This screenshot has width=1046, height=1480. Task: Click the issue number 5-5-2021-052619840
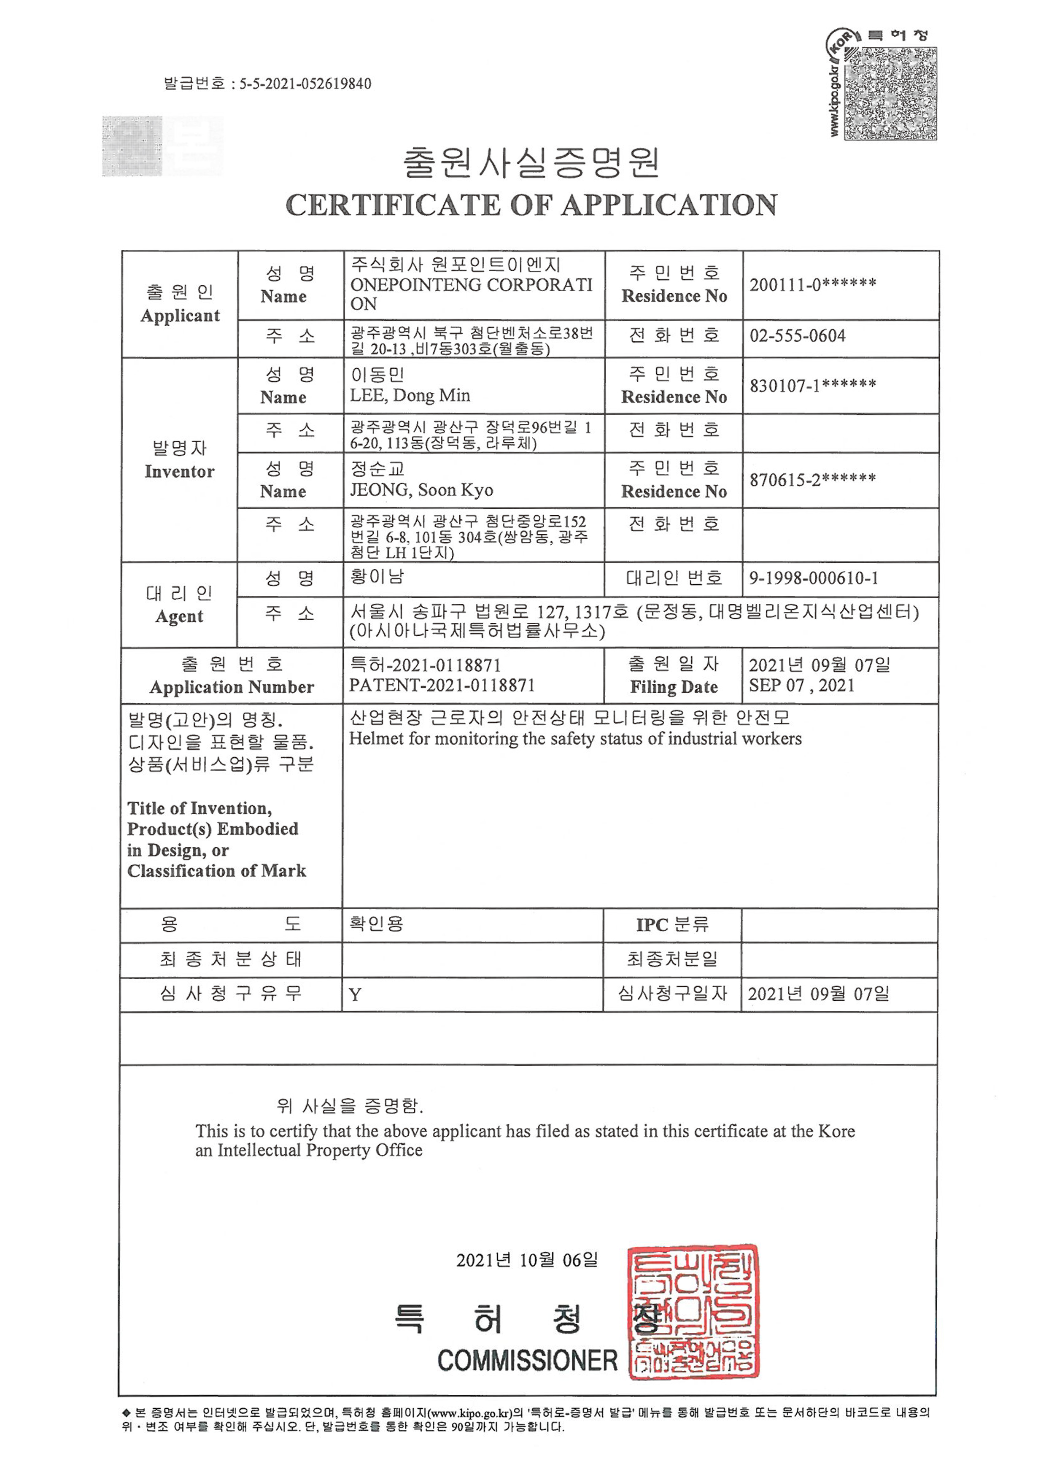[x=305, y=84]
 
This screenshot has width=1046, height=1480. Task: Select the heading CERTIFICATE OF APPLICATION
[x=531, y=205]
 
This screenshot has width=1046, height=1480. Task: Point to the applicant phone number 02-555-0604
[x=797, y=336]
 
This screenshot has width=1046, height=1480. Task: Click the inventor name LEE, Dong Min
[x=410, y=395]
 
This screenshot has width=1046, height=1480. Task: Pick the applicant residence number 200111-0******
[x=812, y=284]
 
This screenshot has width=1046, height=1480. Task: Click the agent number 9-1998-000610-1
[x=813, y=578]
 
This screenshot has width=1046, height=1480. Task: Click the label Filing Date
[x=674, y=687]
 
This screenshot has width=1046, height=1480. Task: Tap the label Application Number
[x=232, y=687]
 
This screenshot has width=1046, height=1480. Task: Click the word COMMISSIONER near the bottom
[x=527, y=1361]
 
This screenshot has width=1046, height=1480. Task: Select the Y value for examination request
[x=355, y=995]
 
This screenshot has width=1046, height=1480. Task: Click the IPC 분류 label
[x=672, y=925]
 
